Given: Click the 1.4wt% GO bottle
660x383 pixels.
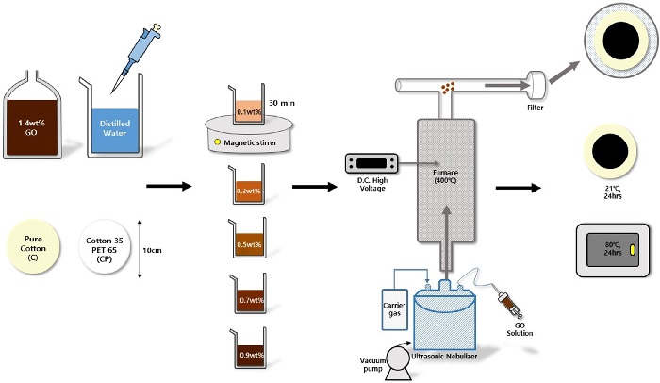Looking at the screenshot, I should [40, 121].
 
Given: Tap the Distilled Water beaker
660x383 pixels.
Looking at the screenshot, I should [112, 123].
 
